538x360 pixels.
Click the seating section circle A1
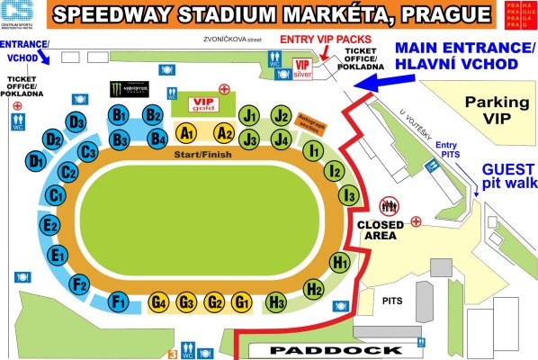[187, 133]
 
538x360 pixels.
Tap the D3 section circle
[76, 122]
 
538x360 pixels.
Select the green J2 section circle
[282, 115]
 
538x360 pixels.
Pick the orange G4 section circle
[159, 302]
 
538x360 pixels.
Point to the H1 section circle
[340, 263]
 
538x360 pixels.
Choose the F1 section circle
[117, 301]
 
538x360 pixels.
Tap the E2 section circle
[51, 225]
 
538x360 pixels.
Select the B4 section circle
[158, 139]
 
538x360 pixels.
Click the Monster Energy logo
[128, 89]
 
